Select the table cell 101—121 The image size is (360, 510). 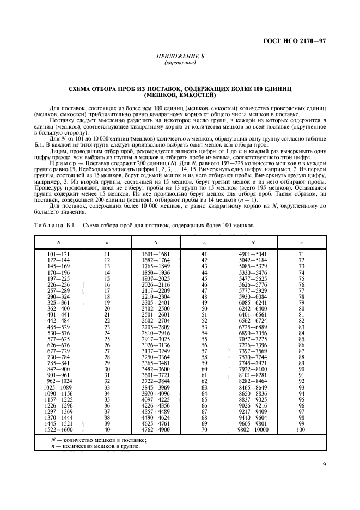(x=58, y=254)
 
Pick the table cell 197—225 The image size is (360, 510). (x=58, y=278)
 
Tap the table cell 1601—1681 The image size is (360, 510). (x=155, y=254)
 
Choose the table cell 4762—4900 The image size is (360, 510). (x=155, y=429)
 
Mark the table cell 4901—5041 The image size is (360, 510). (x=253, y=254)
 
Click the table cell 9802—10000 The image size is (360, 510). (x=253, y=429)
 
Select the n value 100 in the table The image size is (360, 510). (x=301, y=429)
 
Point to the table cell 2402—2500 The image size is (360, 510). (x=155, y=308)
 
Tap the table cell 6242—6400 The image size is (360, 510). (x=253, y=308)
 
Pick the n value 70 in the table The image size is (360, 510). (x=204, y=429)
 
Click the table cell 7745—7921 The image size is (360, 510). (x=253, y=363)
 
